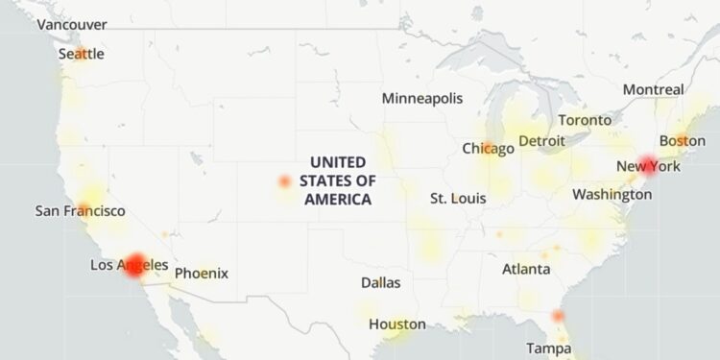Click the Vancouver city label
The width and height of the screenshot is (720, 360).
tap(72, 24)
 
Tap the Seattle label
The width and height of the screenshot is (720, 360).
tap(81, 55)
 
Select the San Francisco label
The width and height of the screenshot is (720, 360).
tap(80, 210)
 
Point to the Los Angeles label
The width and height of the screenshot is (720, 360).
tap(129, 265)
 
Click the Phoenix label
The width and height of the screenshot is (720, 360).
tap(202, 274)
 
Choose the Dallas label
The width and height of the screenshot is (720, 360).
tap(381, 283)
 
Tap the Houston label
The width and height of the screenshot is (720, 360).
tap(396, 324)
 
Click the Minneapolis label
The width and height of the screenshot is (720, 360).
tap(422, 99)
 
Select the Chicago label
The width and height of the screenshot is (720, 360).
tap(488, 149)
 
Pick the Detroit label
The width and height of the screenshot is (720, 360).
tap(541, 141)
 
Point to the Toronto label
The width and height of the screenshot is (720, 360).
tap(585, 121)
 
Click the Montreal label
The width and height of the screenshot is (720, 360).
tap(653, 89)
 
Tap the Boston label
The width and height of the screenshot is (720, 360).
tap(682, 141)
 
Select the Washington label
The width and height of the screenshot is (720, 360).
tap(612, 195)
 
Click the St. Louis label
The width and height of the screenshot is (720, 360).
tap(458, 199)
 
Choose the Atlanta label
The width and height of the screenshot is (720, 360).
tap(527, 269)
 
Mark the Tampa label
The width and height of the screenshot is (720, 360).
tap(548, 347)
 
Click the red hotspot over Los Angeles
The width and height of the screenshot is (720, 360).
tap(135, 264)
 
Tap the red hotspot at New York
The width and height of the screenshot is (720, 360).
tap(649, 165)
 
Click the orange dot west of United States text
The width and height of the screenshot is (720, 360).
tap(284, 181)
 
